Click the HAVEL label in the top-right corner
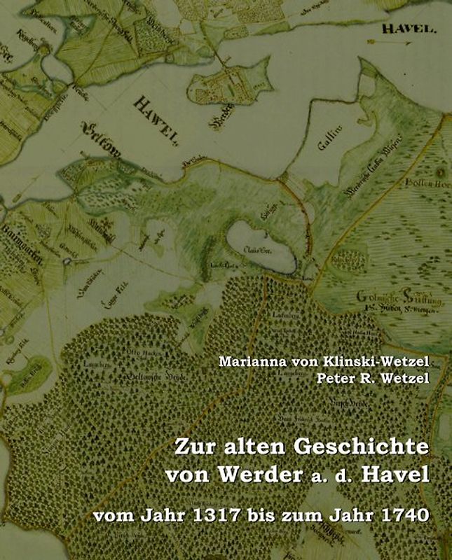pyautogui.click(x=409, y=29)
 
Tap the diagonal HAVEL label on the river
pyautogui.click(x=155, y=120)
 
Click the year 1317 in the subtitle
pyautogui.click(x=210, y=517)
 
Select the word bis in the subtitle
pyautogui.click(x=260, y=517)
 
